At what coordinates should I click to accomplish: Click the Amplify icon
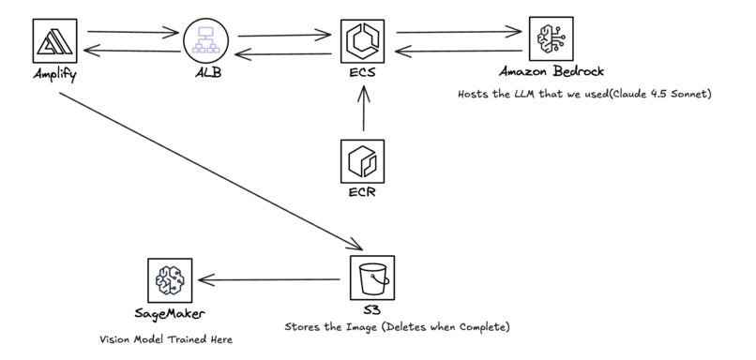point(53,41)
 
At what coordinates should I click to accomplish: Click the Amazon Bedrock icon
point(552,40)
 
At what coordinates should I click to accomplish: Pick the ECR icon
point(362,162)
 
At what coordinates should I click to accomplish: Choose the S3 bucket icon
point(372,277)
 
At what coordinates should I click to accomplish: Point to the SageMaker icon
point(171,280)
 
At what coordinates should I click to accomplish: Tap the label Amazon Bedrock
point(552,73)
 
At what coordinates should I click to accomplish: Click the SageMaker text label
point(170,313)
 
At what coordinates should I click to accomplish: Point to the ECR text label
point(362,195)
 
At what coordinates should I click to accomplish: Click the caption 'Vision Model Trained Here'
point(165,340)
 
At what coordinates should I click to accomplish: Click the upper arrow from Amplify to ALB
point(131,34)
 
